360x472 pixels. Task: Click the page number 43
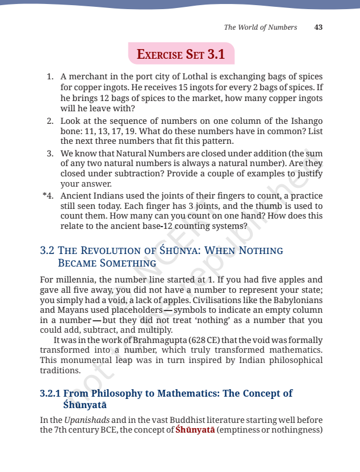pyautogui.click(x=319, y=27)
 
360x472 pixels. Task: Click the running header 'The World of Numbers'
pyautogui.click(x=260, y=27)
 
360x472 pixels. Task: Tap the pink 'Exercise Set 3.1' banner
pyautogui.click(x=181, y=55)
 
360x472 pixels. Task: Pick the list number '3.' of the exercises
pyautogui.click(x=50, y=154)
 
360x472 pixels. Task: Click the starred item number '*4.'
pyautogui.click(x=47, y=195)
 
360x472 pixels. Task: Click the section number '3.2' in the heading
pyautogui.click(x=47, y=251)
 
